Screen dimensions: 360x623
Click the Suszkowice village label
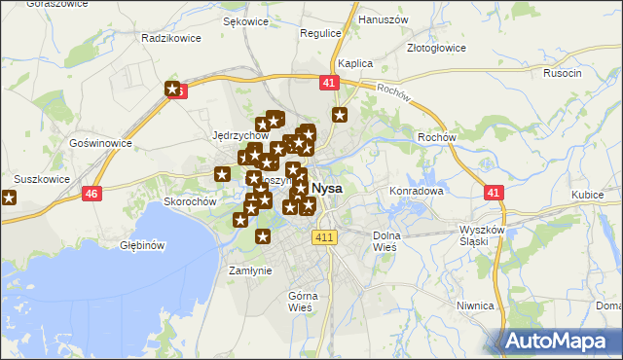click(x=42, y=179)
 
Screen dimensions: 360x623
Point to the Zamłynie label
click(x=249, y=270)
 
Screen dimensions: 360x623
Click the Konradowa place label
click(x=417, y=191)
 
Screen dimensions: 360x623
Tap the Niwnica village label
click(x=476, y=305)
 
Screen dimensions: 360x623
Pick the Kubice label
click(x=588, y=195)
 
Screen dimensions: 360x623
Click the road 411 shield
click(x=324, y=237)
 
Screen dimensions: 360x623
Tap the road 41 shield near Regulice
click(x=328, y=85)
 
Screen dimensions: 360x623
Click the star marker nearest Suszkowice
click(x=9, y=198)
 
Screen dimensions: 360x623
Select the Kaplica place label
click(x=355, y=63)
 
